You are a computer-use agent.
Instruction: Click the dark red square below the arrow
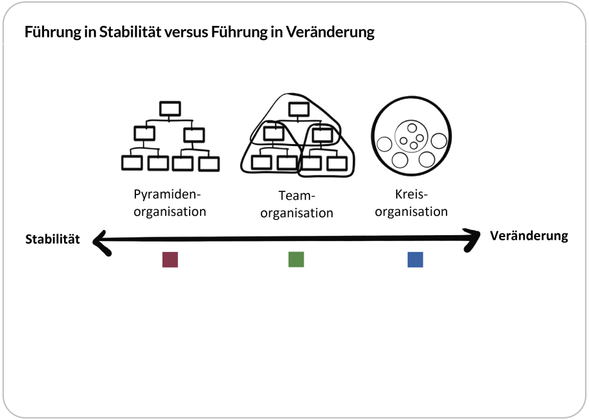click(170, 259)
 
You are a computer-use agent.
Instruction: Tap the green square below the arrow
click(296, 259)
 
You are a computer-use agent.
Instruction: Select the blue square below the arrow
click(415, 259)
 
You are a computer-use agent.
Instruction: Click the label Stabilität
click(52, 240)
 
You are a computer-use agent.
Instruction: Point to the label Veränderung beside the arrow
click(529, 236)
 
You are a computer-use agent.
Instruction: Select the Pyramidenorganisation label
click(170, 202)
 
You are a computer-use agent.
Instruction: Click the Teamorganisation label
click(296, 204)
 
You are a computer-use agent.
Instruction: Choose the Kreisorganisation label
click(412, 202)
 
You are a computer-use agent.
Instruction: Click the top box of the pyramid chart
click(170, 108)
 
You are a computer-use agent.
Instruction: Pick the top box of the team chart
click(298, 109)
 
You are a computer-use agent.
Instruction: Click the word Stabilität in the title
click(128, 32)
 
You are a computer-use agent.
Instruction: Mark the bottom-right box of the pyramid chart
click(208, 163)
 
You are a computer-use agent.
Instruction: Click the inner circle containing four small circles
click(411, 137)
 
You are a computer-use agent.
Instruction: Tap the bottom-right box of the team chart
click(337, 162)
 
